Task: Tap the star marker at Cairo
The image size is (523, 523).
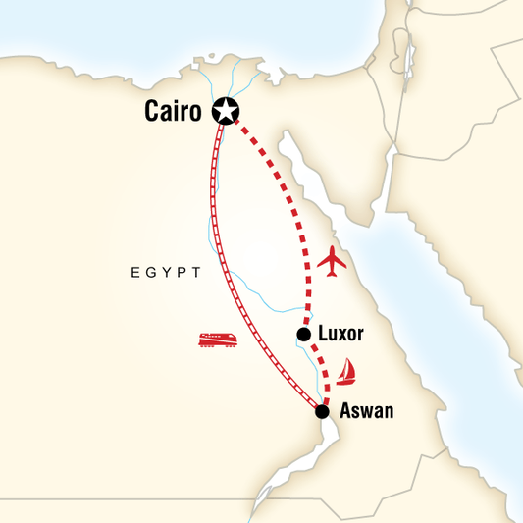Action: point(227,111)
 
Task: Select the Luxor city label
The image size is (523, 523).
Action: point(341,334)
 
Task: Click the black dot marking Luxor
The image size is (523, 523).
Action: point(303,335)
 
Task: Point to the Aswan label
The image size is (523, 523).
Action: point(366,411)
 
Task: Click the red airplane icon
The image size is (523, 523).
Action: point(335,263)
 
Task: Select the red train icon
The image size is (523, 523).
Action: point(218,340)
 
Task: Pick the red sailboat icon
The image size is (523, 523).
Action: point(345,371)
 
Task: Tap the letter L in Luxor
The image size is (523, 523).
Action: point(323,334)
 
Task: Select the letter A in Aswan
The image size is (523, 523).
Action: point(344,411)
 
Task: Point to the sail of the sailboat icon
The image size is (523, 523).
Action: point(347,367)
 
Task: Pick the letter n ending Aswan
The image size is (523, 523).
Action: point(389,412)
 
